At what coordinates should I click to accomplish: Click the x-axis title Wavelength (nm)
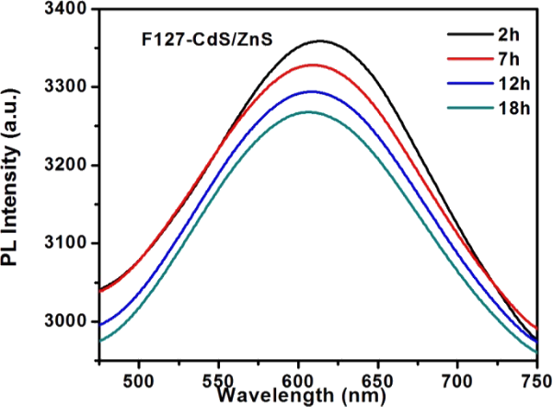(293, 396)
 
